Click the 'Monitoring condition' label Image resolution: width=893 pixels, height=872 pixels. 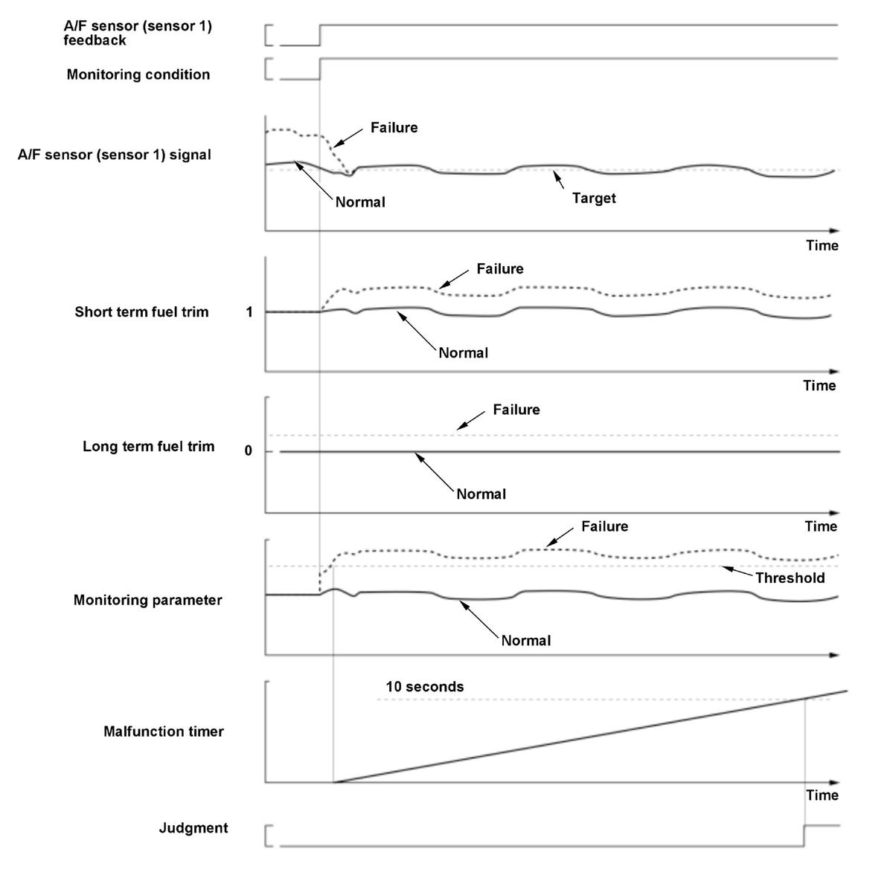pyautogui.click(x=138, y=74)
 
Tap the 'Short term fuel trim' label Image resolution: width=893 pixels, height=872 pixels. pyautogui.click(x=141, y=311)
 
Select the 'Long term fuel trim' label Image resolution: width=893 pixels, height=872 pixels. pyautogui.click(x=148, y=446)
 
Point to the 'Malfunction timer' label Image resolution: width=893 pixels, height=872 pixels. pyautogui.click(x=164, y=731)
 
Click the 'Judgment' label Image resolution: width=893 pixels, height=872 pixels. pyautogui.click(x=193, y=827)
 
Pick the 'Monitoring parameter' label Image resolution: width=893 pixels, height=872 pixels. pyautogui.click(x=147, y=600)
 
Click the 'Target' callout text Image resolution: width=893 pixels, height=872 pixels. pyautogui.click(x=594, y=198)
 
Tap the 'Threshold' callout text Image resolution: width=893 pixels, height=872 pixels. pyautogui.click(x=790, y=578)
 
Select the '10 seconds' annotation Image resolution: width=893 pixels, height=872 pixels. pyautogui.click(x=424, y=687)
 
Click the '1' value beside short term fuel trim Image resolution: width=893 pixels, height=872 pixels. pyautogui.click(x=249, y=312)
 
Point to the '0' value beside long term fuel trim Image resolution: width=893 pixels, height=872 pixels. pyautogui.click(x=249, y=450)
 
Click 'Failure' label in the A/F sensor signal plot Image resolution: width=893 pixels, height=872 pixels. pyautogui.click(x=394, y=128)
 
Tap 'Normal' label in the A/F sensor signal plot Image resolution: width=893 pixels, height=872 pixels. pyautogui.click(x=360, y=202)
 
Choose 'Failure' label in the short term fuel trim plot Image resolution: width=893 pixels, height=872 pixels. pyautogui.click(x=500, y=269)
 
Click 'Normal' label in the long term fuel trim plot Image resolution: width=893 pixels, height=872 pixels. pyautogui.click(x=481, y=494)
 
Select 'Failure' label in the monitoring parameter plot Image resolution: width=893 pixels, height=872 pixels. pyautogui.click(x=604, y=526)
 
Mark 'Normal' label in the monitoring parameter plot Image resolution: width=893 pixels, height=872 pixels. pyautogui.click(x=525, y=641)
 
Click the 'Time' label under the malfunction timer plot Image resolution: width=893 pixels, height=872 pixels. pyautogui.click(x=822, y=795)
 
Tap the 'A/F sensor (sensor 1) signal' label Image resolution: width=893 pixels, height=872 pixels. pyautogui.click(x=115, y=155)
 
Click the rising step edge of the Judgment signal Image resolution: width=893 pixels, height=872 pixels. pyautogui.click(x=804, y=835)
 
